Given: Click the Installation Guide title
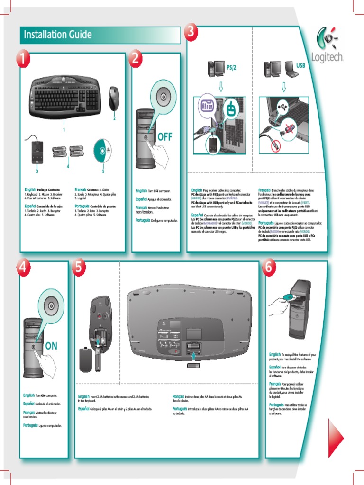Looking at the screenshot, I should point(56,35).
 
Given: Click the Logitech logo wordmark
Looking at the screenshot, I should point(328,57).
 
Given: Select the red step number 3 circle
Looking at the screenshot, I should point(191,32).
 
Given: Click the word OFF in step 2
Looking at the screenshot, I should point(165,137).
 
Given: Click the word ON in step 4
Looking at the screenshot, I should point(51,346).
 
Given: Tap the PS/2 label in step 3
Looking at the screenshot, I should point(231,68).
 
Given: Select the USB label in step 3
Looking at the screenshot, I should point(301,64).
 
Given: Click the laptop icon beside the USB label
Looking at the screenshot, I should point(290,70).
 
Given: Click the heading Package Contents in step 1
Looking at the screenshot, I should point(49,189).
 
